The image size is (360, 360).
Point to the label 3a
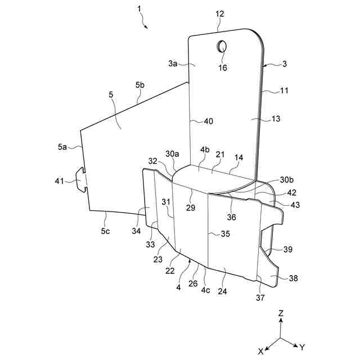173,64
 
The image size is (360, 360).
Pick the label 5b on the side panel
140,85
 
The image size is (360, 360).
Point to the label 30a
172,153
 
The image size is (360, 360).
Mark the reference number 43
295,205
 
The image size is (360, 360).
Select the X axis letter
261,350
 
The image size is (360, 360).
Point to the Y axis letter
302,347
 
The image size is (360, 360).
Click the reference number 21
220,154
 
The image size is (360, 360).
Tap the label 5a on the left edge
62,147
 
